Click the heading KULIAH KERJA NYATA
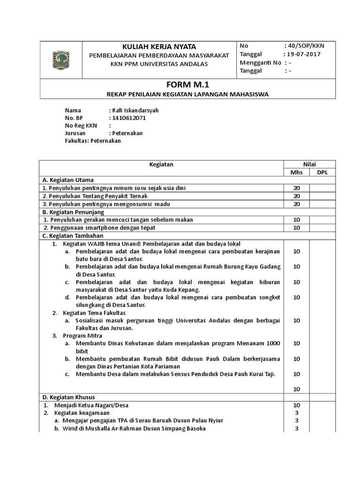pyautogui.click(x=159, y=46)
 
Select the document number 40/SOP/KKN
pyautogui.click(x=304, y=46)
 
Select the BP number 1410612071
pyautogui.click(x=128, y=118)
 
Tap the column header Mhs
pyautogui.click(x=296, y=172)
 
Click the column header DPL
pyautogui.click(x=322, y=172)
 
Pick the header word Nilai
pyautogui.click(x=309, y=164)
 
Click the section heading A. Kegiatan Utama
pyautogui.click(x=68, y=180)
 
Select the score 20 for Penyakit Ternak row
pyautogui.click(x=296, y=196)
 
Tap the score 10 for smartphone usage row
pyautogui.click(x=296, y=228)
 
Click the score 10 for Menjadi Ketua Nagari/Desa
pyautogui.click(x=296, y=405)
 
